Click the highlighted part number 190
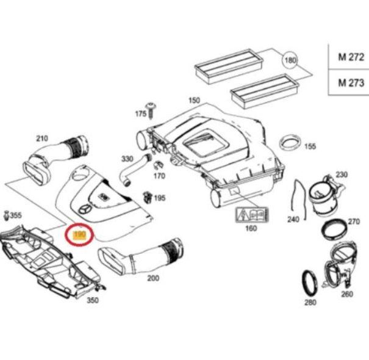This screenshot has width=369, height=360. tap(79, 234)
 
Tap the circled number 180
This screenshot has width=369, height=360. tap(289, 60)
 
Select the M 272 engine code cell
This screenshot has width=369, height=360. tap(351, 57)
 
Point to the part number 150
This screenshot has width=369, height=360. tap(193, 100)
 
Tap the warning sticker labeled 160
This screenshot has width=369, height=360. tap(251, 215)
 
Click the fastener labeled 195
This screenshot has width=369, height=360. tap(147, 196)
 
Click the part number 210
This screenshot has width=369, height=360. tap(42, 138)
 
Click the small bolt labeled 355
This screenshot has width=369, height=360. tap(7, 215)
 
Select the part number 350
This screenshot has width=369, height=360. tap(92, 300)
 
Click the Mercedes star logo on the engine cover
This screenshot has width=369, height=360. tap(84, 209)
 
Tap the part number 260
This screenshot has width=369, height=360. tap(346, 294)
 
